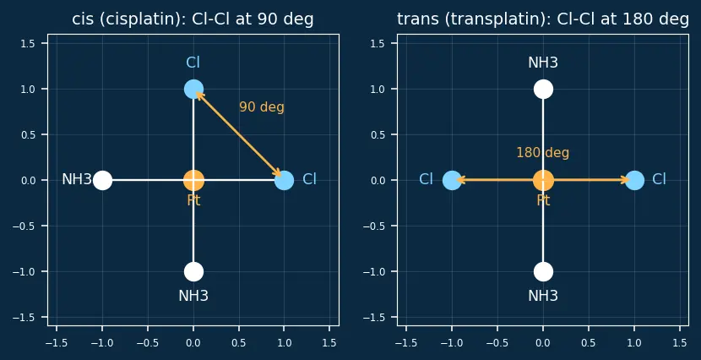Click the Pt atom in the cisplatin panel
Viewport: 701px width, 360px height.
click(x=193, y=180)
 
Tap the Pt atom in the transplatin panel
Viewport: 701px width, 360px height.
click(x=543, y=180)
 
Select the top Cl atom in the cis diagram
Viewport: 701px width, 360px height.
click(x=193, y=89)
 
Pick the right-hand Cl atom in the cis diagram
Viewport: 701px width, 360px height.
click(x=285, y=180)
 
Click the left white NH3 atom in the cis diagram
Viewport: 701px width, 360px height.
click(x=102, y=180)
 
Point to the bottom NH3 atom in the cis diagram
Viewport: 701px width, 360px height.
click(x=193, y=271)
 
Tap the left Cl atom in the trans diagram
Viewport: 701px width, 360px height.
click(x=452, y=180)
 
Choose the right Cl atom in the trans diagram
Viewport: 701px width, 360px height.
click(x=634, y=180)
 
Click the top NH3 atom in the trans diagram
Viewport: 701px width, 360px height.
click(x=543, y=89)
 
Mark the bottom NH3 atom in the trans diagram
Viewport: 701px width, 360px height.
click(x=543, y=271)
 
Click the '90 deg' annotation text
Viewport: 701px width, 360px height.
click(x=262, y=107)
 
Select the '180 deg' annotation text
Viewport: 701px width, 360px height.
click(x=543, y=153)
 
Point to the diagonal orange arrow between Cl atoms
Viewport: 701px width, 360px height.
click(x=239, y=134)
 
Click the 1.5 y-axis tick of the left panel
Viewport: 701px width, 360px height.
click(x=30, y=43)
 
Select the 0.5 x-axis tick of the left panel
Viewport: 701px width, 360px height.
click(x=239, y=342)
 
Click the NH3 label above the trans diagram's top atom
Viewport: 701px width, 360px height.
click(x=543, y=63)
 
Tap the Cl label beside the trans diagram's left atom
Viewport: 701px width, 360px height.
click(x=426, y=180)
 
